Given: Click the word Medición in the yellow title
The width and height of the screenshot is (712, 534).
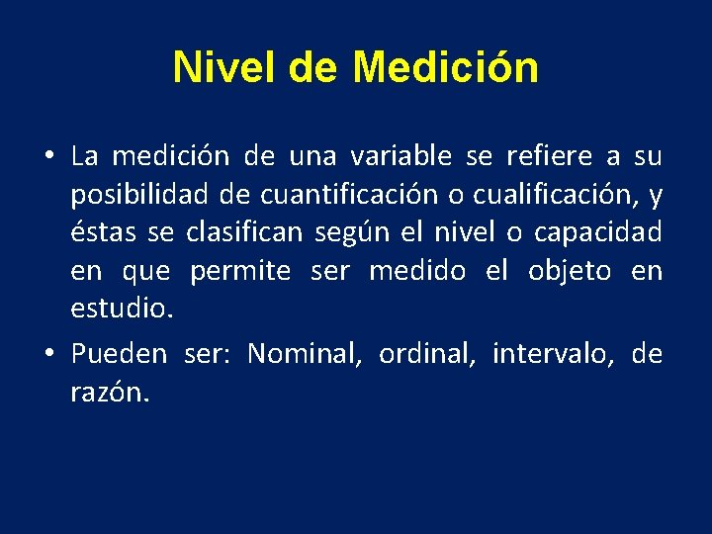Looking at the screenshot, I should click(445, 68).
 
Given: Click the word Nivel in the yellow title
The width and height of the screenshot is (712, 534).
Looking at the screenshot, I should click(225, 68).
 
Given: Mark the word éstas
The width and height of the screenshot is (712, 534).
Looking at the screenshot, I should click(104, 233).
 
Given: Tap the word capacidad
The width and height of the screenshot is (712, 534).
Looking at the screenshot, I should click(598, 233).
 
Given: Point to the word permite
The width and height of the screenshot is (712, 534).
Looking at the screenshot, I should click(240, 272).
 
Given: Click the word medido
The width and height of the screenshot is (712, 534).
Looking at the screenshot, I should click(416, 272).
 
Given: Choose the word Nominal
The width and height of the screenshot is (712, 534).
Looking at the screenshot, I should click(304, 354).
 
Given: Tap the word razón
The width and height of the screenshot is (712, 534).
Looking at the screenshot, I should click(109, 393).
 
